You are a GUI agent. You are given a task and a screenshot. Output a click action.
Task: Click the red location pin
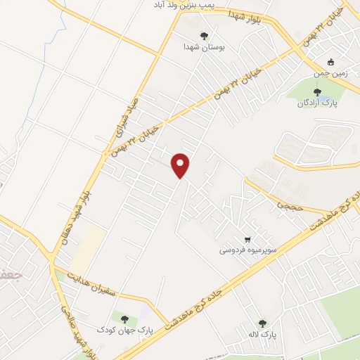(181, 165)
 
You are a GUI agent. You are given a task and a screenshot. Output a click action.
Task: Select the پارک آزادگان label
(316, 103)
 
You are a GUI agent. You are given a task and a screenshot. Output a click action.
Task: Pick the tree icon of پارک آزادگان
(317, 91)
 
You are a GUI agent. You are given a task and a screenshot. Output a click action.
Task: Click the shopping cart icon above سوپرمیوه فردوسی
(247, 239)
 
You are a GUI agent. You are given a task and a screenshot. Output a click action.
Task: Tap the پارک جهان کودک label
(115, 330)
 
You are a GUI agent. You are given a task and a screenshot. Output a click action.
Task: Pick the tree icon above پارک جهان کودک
(124, 319)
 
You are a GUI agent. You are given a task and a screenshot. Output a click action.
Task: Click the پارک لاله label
(262, 336)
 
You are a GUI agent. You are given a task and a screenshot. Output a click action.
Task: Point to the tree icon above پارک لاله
(262, 323)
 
